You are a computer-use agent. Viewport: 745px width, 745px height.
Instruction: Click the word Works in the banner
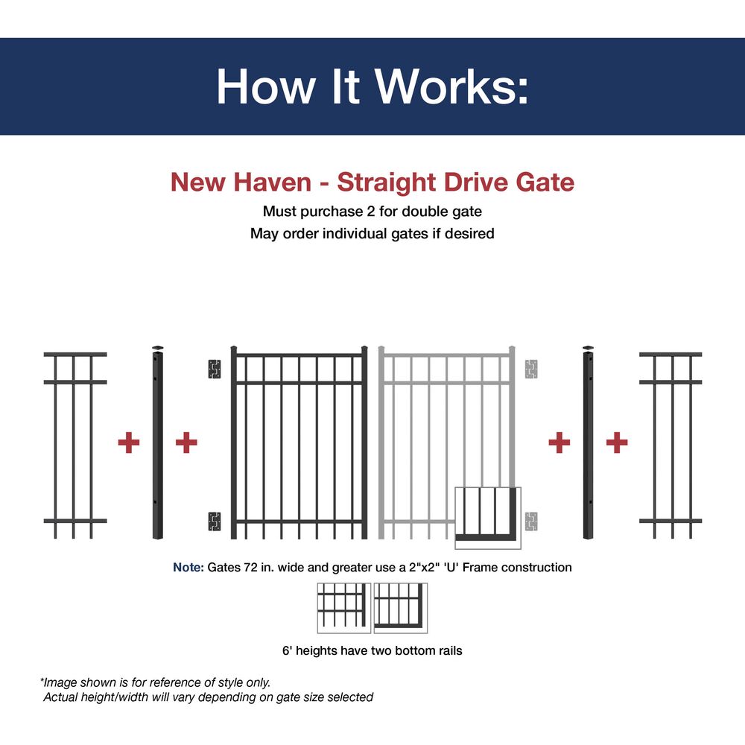point(446,86)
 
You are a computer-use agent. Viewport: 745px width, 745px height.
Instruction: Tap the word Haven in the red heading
point(272,182)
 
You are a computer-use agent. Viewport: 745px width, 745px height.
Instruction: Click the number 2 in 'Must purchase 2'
point(370,212)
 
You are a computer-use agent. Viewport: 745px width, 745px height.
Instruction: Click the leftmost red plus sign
point(129,443)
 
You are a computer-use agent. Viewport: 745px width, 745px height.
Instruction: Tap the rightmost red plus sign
point(617,443)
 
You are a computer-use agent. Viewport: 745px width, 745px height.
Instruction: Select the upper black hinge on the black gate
point(215,369)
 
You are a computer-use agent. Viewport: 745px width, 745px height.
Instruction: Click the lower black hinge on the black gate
point(215,521)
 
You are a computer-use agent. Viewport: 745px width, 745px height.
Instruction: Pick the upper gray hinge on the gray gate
point(530,369)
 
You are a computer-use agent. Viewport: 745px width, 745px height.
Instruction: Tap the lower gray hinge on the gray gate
point(530,521)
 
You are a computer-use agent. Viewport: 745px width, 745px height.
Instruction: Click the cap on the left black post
point(158,348)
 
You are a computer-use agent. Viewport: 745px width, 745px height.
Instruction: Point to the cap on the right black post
point(589,348)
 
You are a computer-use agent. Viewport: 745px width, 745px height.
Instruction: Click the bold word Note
point(188,567)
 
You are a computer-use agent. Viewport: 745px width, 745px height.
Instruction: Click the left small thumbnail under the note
point(344,608)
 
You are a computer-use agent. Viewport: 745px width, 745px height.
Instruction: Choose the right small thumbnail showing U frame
point(401,608)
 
